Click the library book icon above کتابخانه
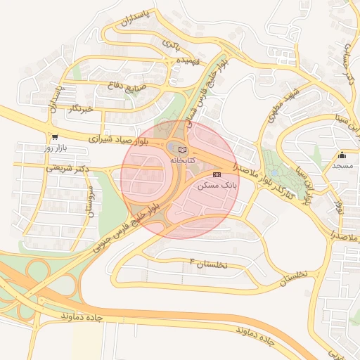pos(183,150)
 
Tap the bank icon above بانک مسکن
pos(217,174)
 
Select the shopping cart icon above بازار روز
pos(55,137)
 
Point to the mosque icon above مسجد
pos(342,155)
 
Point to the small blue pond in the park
pos(275,171)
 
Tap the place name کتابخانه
pos(182,160)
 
